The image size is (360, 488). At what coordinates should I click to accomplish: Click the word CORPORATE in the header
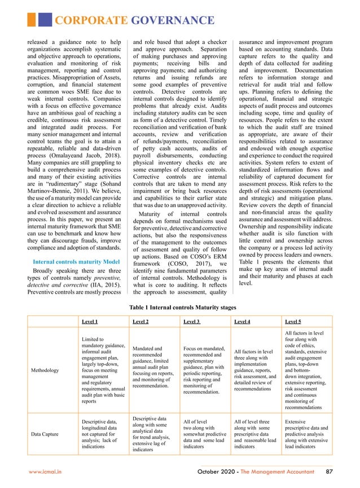click(x=91, y=21)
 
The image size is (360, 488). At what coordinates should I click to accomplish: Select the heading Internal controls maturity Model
click(x=76, y=262)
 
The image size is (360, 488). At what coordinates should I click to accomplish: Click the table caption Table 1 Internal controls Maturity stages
click(x=180, y=307)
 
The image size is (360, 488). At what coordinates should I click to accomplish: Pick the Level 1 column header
click(x=90, y=321)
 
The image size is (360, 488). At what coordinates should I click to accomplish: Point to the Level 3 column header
click(x=192, y=321)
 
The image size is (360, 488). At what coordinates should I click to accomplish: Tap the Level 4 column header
click(x=242, y=321)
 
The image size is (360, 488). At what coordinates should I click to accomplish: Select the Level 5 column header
click(x=293, y=321)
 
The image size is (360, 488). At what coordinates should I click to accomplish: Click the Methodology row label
click(x=47, y=370)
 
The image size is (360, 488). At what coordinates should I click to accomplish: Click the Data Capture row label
click(x=47, y=436)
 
